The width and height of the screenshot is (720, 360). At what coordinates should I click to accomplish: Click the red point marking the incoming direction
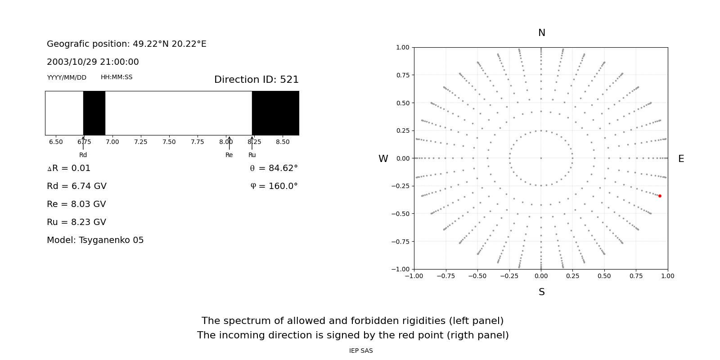tap(660, 196)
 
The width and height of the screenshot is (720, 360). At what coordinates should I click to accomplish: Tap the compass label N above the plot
tap(541, 33)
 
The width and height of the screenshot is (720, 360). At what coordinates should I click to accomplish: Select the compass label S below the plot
tap(541, 292)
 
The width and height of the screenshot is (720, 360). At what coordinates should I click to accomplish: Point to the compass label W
tap(383, 159)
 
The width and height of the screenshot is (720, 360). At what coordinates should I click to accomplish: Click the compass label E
tap(681, 159)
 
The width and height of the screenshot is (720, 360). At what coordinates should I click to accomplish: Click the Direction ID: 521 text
tap(256, 80)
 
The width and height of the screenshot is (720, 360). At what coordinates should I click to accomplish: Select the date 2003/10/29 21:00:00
tap(93, 62)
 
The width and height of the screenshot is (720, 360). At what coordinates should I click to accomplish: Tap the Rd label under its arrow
tap(83, 155)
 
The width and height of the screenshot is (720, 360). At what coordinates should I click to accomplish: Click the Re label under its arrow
tap(229, 155)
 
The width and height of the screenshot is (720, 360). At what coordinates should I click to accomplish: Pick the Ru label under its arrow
tap(252, 155)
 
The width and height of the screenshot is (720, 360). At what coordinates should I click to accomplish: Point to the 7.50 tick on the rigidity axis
tap(169, 142)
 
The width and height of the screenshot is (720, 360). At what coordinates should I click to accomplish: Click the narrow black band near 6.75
tap(94, 113)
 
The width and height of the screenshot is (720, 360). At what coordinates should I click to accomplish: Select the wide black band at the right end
tap(275, 113)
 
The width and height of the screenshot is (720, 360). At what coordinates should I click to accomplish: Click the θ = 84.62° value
tap(274, 168)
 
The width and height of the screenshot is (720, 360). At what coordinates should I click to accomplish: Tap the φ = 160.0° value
tap(274, 186)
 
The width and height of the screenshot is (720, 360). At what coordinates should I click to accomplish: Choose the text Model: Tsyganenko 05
tap(95, 240)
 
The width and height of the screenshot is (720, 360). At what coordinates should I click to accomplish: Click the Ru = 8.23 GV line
tap(76, 222)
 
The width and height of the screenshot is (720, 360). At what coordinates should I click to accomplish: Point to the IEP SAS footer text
tap(361, 351)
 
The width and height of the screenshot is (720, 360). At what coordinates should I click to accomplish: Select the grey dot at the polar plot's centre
tap(541, 158)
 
